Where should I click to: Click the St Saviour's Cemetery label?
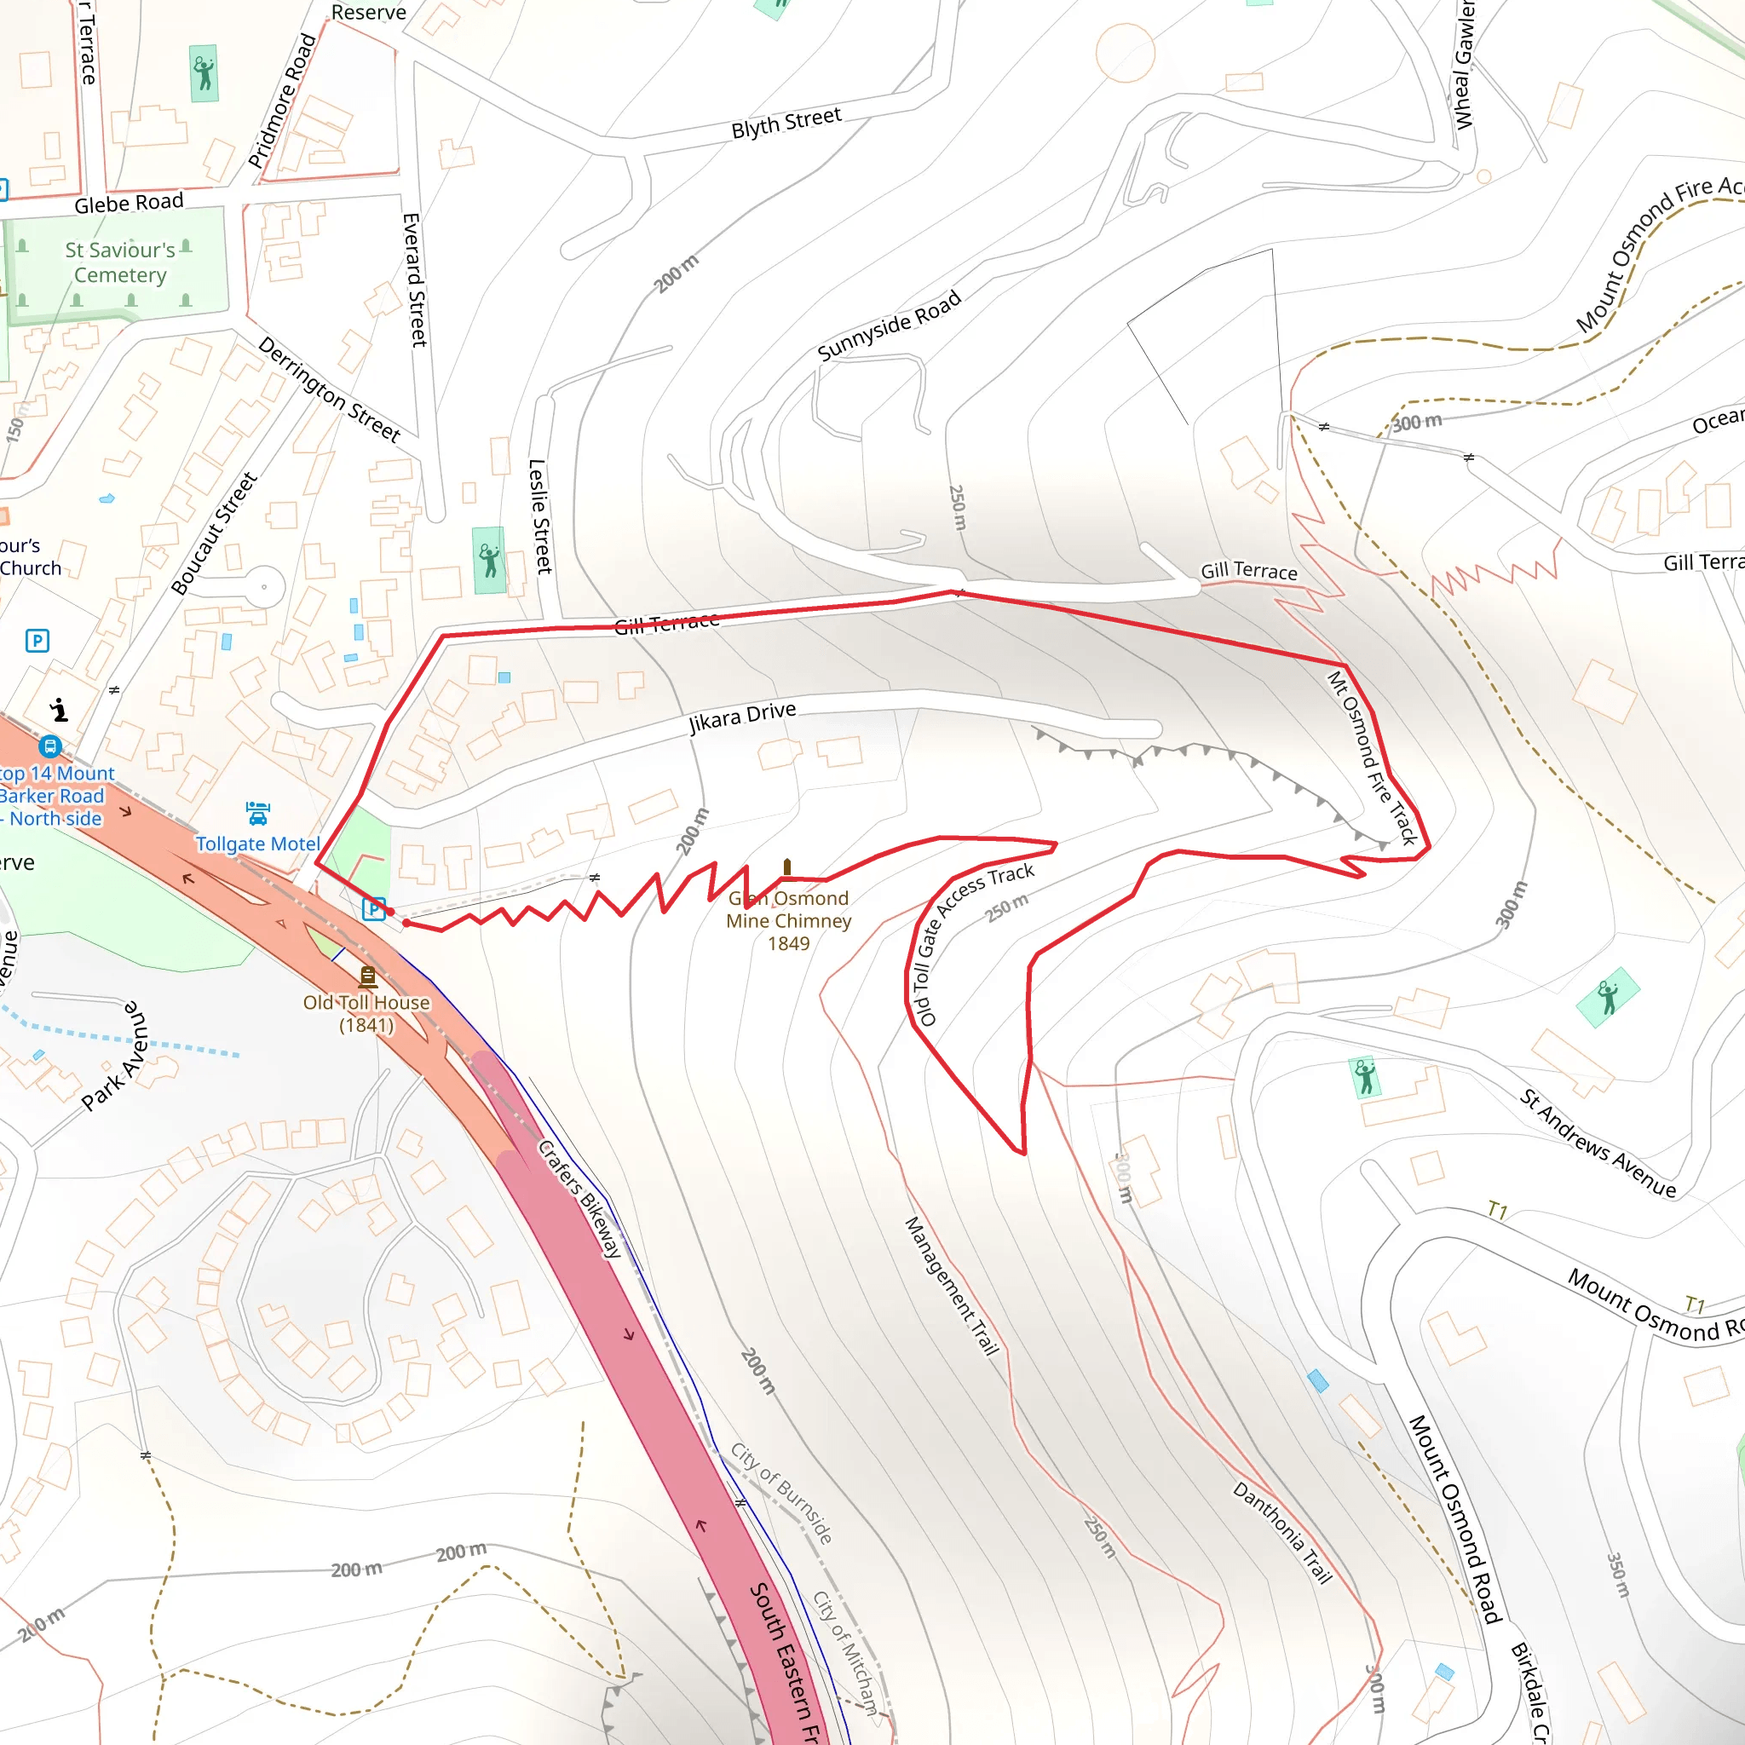pyautogui.click(x=120, y=262)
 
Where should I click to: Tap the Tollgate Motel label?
pyautogui.click(x=257, y=844)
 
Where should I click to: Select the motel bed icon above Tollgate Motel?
pyautogui.click(x=257, y=814)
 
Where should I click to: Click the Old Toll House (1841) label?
pyautogui.click(x=366, y=1013)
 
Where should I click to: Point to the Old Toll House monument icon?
pyautogui.click(x=367, y=976)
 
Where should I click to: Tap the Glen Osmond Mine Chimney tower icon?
pyautogui.click(x=786, y=868)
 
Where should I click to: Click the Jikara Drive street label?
pyautogui.click(x=742, y=717)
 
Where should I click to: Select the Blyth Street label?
pyautogui.click(x=786, y=123)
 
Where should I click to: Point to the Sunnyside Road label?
pyautogui.click(x=889, y=326)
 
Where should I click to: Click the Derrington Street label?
pyautogui.click(x=329, y=389)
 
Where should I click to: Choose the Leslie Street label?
pyautogui.click(x=539, y=516)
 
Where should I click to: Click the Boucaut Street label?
pyautogui.click(x=214, y=533)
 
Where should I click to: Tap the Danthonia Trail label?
pyautogui.click(x=1282, y=1533)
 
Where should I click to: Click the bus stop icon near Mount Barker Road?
pyautogui.click(x=49, y=747)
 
